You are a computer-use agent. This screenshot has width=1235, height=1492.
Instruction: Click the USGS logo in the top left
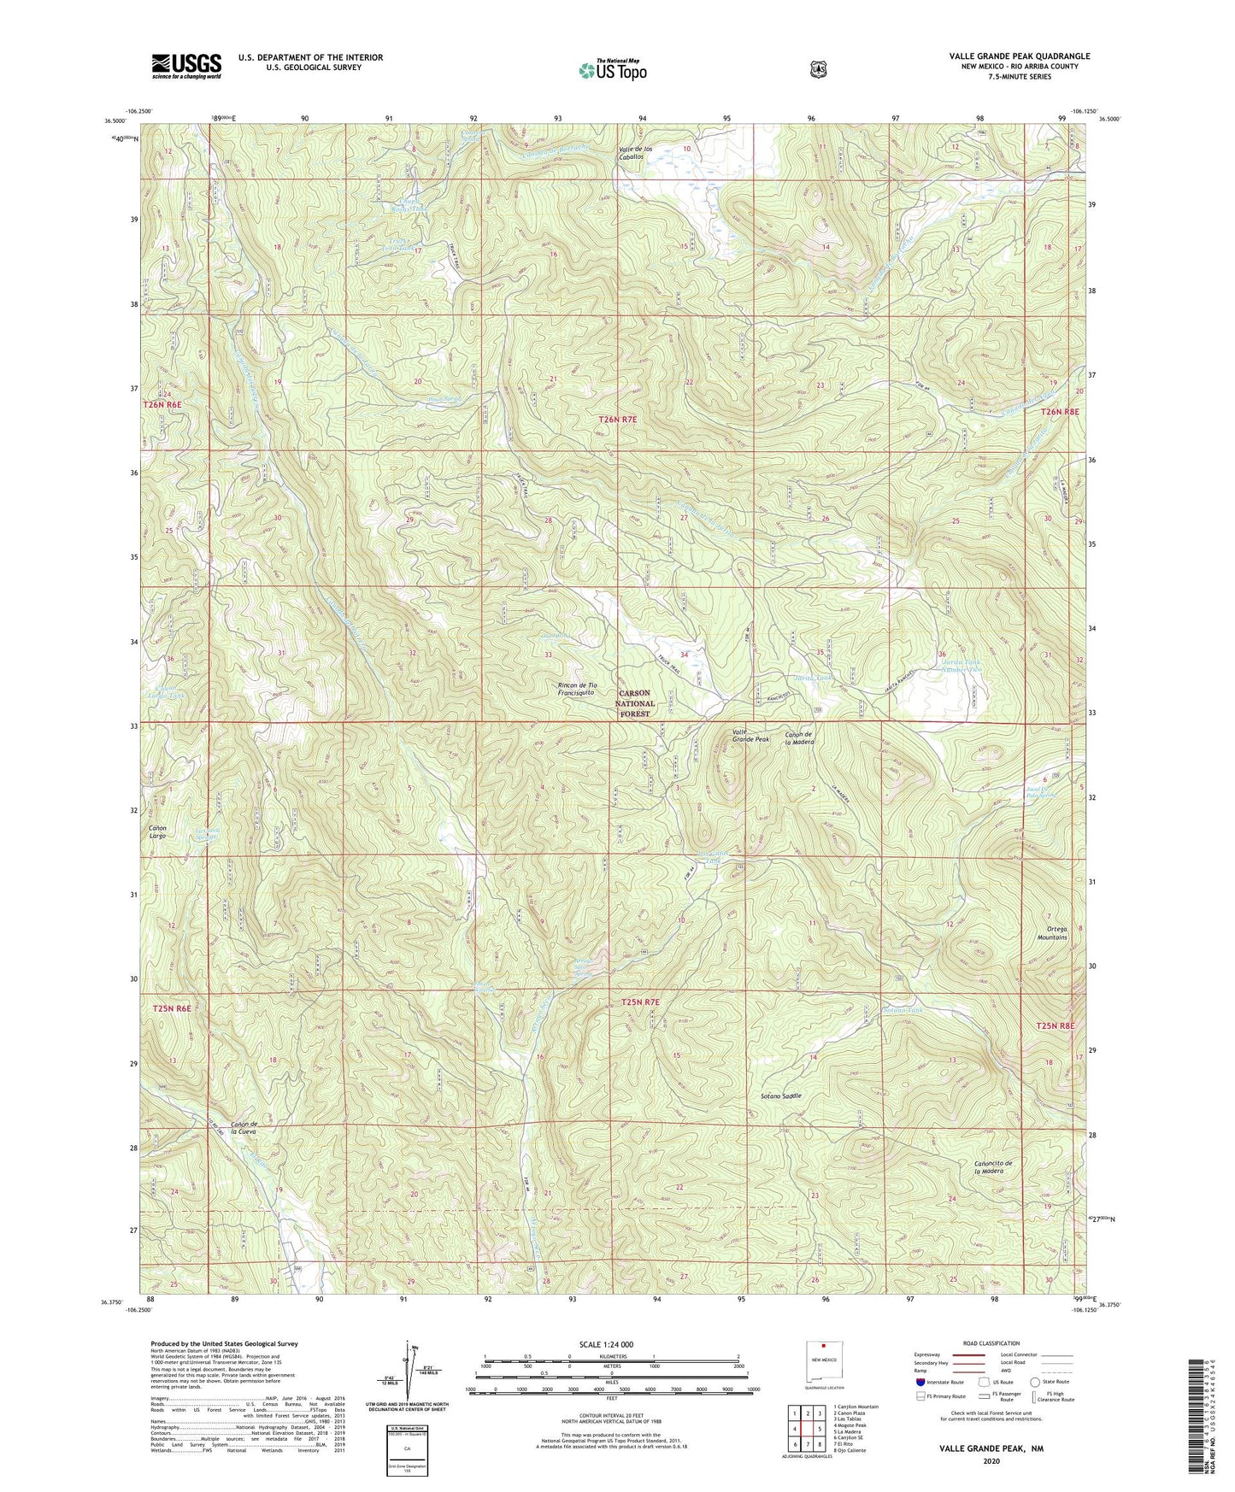click(x=186, y=65)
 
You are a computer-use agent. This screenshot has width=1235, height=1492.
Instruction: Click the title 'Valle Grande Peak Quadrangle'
click(x=1019, y=56)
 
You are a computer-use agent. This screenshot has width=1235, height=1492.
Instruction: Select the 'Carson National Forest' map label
click(x=634, y=702)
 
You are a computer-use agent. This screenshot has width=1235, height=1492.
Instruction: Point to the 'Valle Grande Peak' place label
click(x=750, y=737)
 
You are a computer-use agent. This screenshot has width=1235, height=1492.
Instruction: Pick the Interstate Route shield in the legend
click(x=920, y=1382)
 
